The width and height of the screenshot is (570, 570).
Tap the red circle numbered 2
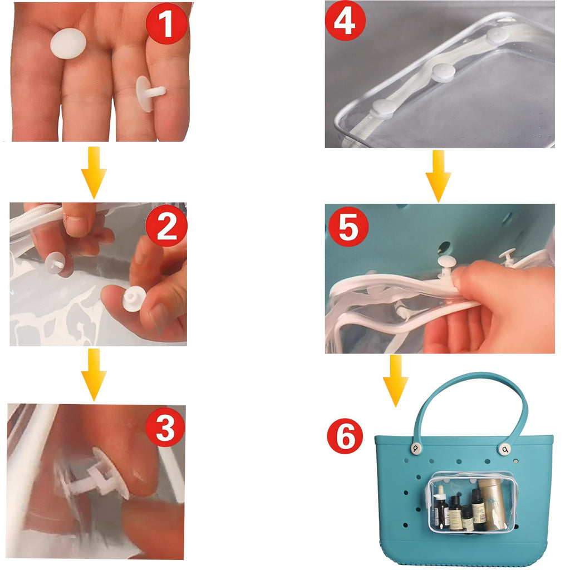pos(166,225)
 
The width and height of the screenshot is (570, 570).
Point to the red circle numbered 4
pos(345,21)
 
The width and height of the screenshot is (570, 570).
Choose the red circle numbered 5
pos(348,227)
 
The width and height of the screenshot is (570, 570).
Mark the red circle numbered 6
pos(345,436)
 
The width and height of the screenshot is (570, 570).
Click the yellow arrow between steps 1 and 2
pos(94,173)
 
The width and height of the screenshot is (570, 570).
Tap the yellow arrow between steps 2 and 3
pos(94,375)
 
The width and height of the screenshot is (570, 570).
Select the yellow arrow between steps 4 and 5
pos(439,176)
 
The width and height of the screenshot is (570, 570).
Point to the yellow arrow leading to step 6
pos(396,381)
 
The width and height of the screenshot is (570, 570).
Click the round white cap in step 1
pos(68,43)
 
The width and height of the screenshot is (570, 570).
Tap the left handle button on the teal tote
pos(416,448)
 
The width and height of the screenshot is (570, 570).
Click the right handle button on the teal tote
pos(504,449)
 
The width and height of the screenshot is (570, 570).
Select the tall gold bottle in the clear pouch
pos(492,504)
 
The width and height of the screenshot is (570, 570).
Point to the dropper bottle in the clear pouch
pos(441,507)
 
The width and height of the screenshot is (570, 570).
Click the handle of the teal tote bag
pos(469,378)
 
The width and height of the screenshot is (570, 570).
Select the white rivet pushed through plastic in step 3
pos(97,474)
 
